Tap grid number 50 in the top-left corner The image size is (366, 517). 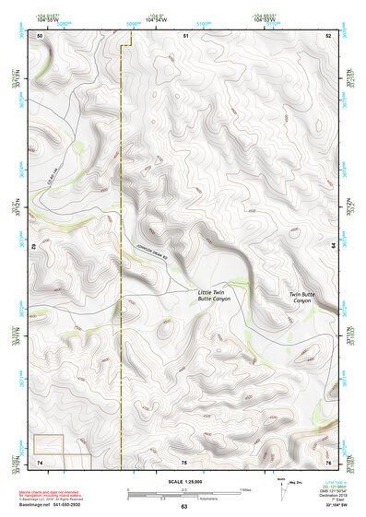point(40,35)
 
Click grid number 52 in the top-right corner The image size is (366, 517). point(329,35)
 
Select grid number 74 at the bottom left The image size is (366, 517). point(40,462)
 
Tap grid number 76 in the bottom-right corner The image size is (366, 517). point(328,462)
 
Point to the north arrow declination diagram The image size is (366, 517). point(284,488)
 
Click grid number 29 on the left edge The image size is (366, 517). point(34,248)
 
